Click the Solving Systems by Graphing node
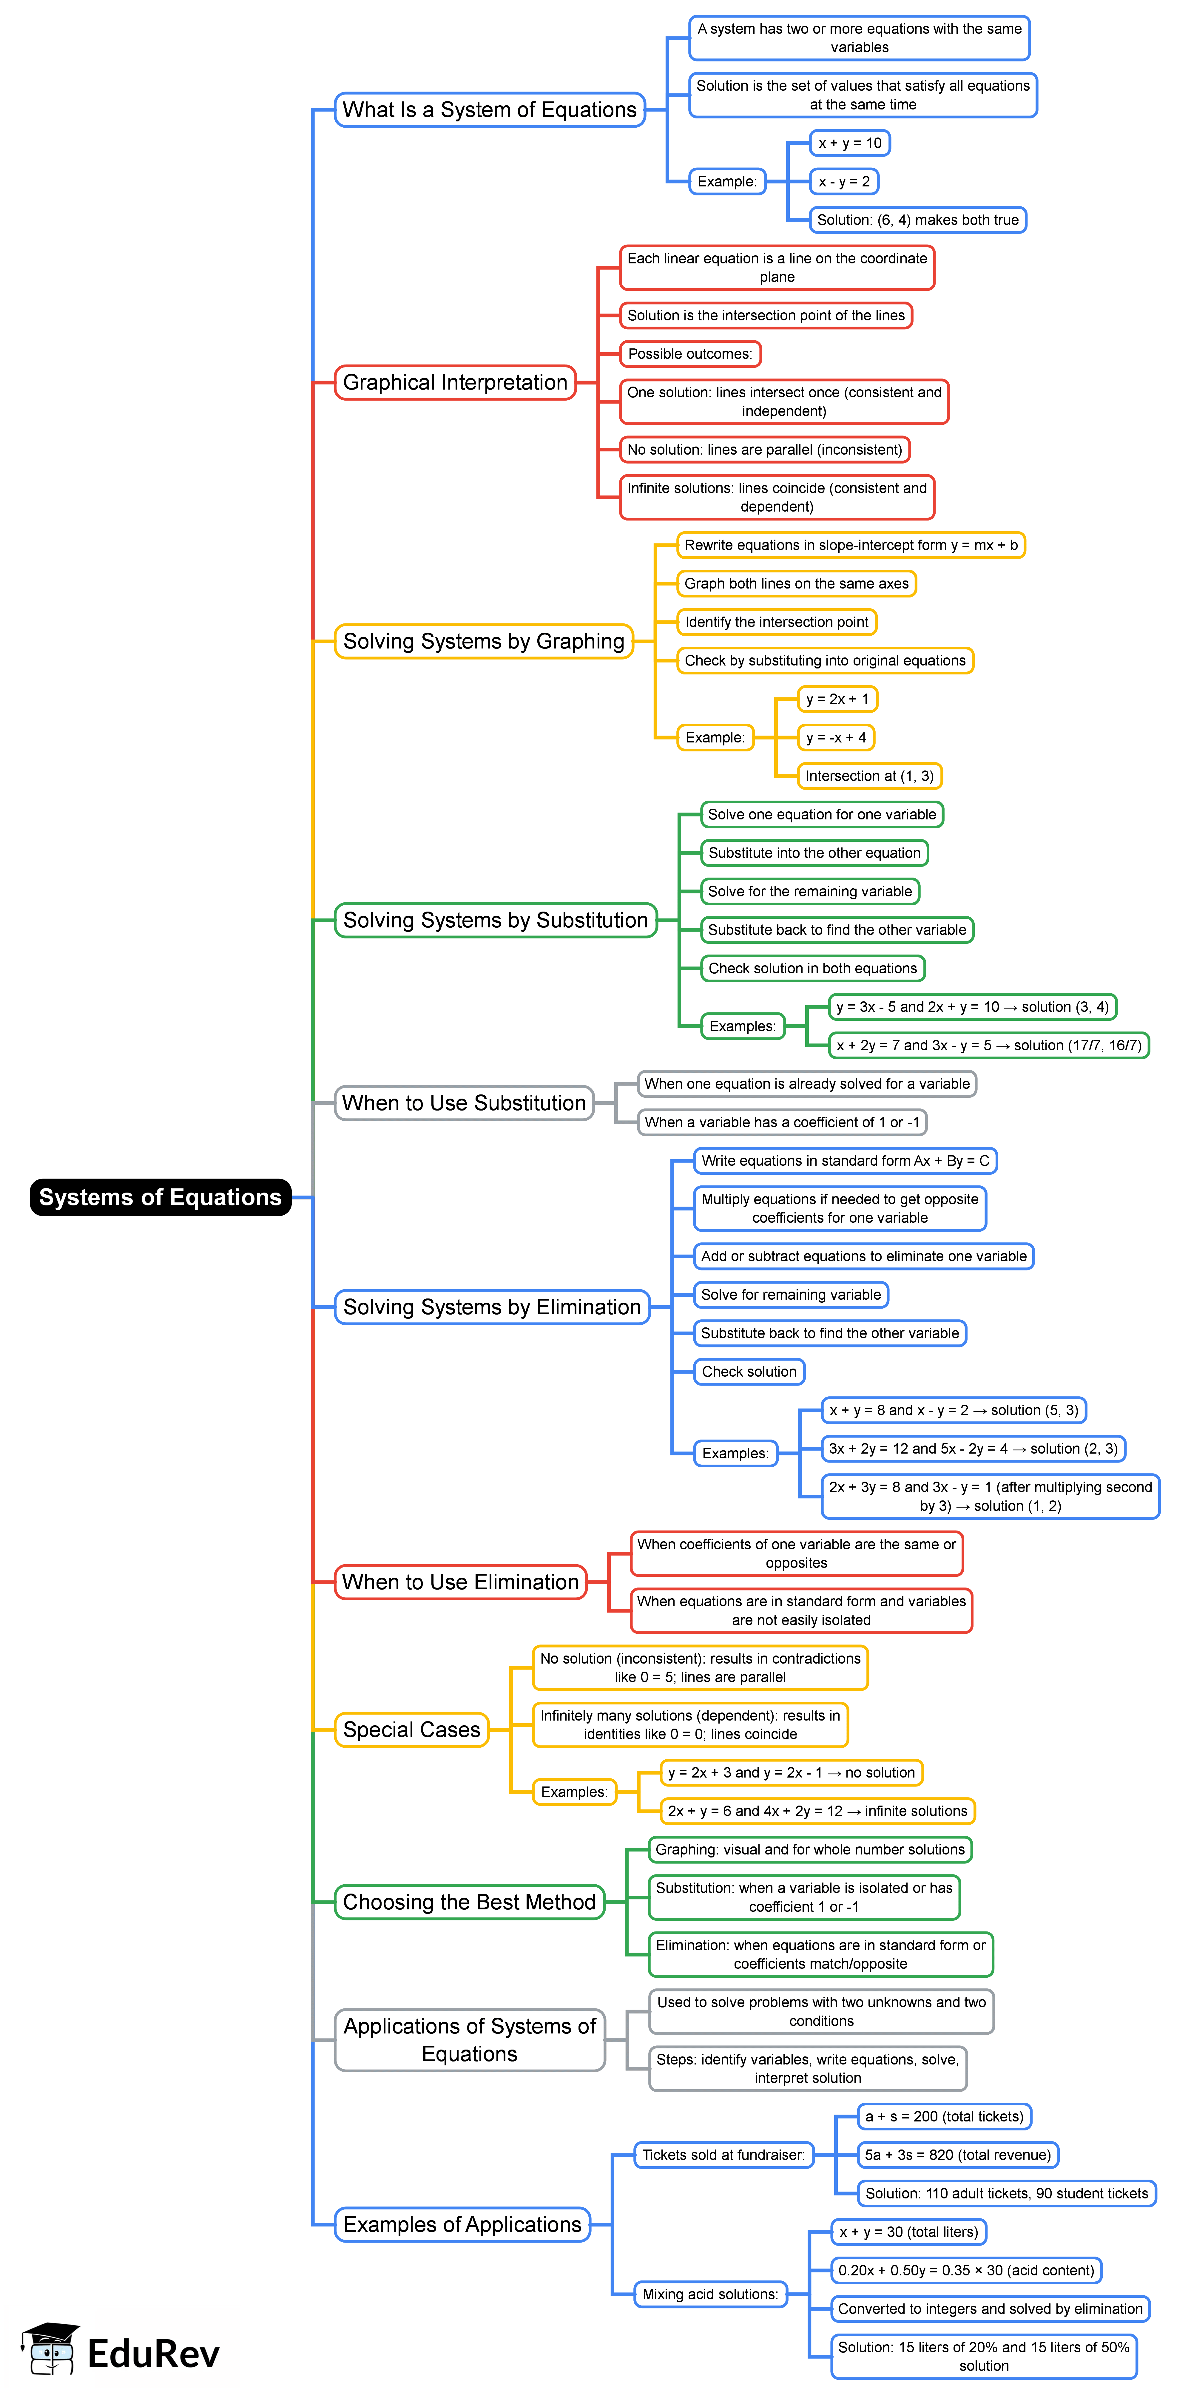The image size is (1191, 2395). click(x=483, y=642)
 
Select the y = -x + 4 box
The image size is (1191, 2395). click(x=836, y=737)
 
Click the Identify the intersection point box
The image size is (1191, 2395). click(x=776, y=622)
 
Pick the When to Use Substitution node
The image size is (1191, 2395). click(x=464, y=1103)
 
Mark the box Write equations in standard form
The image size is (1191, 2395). click(x=844, y=1160)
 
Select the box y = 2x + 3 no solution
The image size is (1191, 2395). click(x=791, y=1772)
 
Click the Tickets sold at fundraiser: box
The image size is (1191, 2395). click(x=723, y=2154)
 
